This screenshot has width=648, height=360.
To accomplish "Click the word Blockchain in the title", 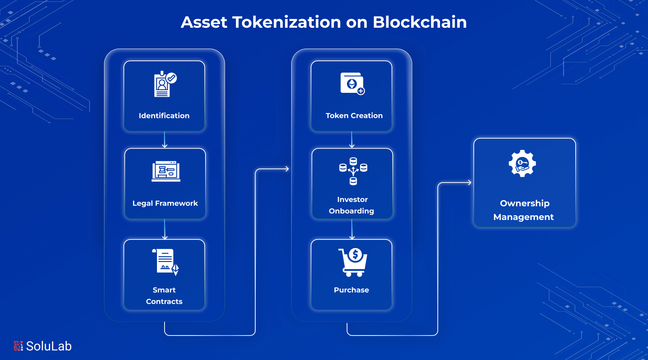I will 419,22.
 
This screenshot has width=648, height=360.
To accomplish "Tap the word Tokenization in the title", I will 286,22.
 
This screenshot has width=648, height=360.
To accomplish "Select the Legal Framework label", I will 165,203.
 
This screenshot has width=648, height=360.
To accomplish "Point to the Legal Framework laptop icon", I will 166,171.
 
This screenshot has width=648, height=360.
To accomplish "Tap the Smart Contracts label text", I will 164,296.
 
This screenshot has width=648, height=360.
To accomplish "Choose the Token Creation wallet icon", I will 352,84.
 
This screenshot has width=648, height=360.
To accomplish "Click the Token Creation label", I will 354,116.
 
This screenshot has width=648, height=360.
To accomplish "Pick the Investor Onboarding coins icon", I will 353,171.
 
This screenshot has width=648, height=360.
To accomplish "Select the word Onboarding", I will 351,211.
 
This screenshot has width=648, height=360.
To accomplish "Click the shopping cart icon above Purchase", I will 353,262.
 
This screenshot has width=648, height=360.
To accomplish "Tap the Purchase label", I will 351,290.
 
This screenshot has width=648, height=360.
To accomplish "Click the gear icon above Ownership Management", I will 522,163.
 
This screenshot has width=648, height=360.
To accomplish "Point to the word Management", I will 523,217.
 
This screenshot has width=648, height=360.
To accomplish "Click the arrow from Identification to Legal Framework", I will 165,140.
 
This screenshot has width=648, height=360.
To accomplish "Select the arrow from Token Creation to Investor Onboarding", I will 352,140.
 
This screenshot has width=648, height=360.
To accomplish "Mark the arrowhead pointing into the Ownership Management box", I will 469,183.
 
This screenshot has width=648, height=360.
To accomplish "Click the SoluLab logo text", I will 49,346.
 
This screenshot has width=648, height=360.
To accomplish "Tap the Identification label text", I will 164,116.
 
